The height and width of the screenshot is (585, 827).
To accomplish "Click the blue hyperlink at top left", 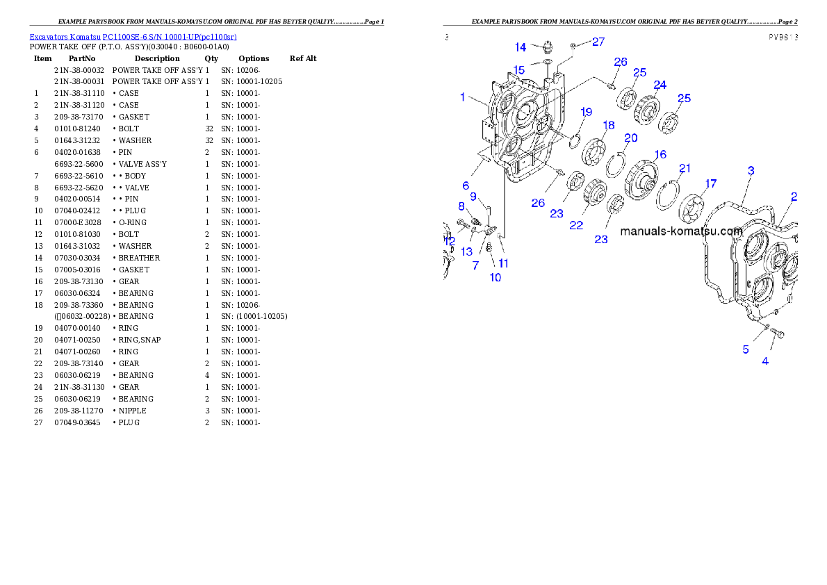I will [133, 37].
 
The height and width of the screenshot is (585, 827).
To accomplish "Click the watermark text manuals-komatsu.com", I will [681, 231].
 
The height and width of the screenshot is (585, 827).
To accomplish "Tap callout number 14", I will [521, 47].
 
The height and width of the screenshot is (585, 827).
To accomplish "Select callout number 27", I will [598, 42].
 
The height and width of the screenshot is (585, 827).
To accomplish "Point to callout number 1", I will [463, 97].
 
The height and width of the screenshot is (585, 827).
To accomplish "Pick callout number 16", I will [660, 154].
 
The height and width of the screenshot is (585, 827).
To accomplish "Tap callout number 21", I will [685, 168].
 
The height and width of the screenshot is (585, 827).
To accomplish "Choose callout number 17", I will [710, 183].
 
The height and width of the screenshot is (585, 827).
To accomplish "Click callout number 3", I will [751, 170].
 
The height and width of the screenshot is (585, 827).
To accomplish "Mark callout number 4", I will [765, 361].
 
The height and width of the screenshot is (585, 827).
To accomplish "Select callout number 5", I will [746, 349].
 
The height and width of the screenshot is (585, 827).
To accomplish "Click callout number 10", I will [495, 277].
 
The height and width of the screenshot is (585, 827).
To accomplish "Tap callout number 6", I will [466, 186].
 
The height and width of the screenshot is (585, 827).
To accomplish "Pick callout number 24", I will [660, 85].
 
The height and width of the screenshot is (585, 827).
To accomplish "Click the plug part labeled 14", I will [546, 48].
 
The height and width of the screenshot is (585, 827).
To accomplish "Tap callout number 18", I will [609, 126].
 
